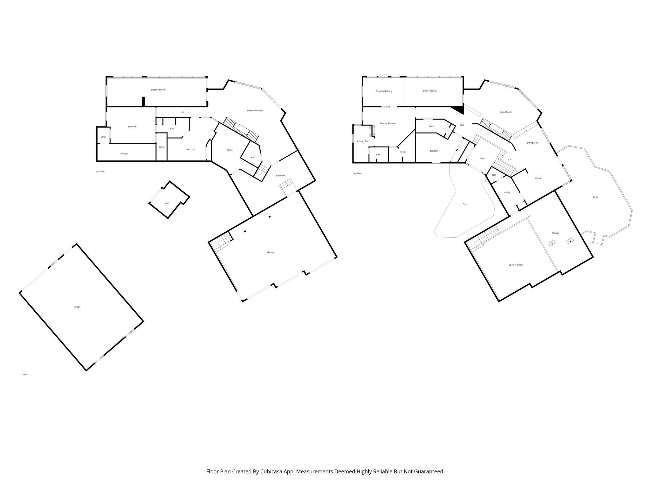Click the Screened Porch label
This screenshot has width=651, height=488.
158,90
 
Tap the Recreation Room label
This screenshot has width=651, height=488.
255,111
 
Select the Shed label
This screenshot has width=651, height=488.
167,203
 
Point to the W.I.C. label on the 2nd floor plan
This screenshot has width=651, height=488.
161,147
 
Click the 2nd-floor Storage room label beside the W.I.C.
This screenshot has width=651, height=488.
124,153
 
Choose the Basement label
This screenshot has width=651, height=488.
280,176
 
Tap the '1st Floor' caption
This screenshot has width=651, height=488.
24,375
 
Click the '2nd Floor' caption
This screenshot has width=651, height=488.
100,172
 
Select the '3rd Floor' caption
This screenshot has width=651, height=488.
357,173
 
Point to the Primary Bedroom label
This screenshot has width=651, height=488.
388,123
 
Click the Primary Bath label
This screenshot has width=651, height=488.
363,141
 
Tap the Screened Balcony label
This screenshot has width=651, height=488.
384,91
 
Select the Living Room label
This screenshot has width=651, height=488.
506,112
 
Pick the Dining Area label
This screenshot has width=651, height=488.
532,143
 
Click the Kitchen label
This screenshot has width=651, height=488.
538,178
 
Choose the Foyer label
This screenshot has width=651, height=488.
483,158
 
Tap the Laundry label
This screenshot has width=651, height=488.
506,193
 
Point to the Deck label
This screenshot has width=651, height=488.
595,197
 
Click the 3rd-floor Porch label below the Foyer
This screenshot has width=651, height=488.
465,204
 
